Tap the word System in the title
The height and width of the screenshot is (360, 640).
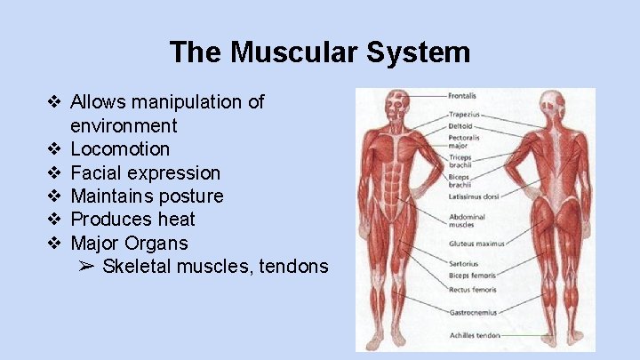click(415, 52)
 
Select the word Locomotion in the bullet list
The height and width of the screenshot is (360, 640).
click(120, 148)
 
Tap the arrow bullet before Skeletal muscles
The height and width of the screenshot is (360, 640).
click(86, 266)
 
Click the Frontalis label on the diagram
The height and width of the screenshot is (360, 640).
click(461, 95)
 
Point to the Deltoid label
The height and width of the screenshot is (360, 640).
click(460, 125)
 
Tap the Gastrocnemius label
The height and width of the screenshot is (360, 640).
click(472, 313)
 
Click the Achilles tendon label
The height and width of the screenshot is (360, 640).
click(474, 335)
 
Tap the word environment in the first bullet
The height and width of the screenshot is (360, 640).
click(124, 125)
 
